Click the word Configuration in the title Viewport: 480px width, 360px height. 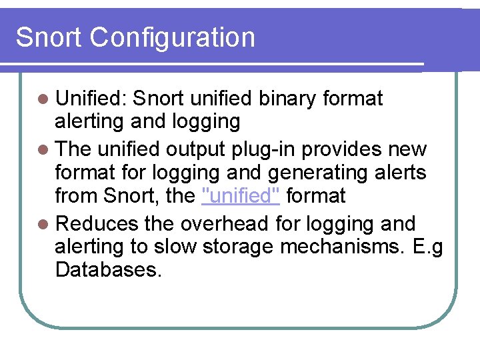click(172, 38)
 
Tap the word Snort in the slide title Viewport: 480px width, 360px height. click(49, 38)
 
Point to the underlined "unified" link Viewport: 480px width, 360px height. click(241, 196)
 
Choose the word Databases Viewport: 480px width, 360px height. click(108, 270)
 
